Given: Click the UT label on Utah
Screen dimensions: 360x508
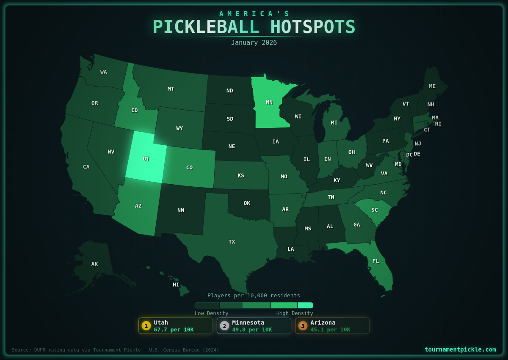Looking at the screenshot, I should [146, 159].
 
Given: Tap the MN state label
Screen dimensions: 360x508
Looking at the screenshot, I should [269, 102].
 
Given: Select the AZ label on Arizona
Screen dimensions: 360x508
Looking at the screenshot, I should [138, 206].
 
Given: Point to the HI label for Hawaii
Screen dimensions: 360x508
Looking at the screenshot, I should [176, 285].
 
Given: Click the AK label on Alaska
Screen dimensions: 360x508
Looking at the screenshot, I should [94, 264].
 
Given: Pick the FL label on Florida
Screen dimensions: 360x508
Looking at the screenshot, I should [376, 261].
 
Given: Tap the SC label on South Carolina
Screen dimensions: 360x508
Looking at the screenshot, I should [375, 210].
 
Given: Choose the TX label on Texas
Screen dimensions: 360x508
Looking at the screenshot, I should [232, 241].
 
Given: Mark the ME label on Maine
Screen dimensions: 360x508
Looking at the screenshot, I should [432, 86].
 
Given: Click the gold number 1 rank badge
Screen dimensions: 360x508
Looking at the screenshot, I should [146, 326].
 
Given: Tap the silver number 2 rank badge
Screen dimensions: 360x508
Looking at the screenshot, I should [224, 326].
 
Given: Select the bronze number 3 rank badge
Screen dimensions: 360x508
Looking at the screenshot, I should [303, 326].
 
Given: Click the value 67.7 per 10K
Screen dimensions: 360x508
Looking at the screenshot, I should [174, 330].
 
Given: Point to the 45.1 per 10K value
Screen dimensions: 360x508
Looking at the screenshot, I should [330, 330].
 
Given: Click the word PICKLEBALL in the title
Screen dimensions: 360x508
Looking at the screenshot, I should [206, 27].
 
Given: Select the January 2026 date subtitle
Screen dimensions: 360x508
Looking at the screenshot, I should [254, 43].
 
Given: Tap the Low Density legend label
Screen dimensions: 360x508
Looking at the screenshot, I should [211, 313].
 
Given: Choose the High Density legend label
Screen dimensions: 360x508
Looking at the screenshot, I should [295, 313].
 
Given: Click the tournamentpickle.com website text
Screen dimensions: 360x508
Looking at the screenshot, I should [460, 349].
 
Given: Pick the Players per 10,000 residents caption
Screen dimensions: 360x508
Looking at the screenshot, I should [254, 295].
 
